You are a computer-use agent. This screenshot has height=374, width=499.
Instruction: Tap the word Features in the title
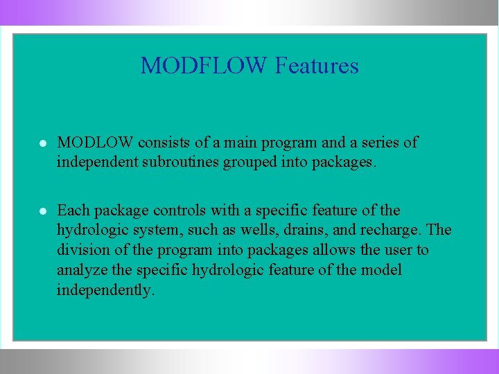[x=317, y=66]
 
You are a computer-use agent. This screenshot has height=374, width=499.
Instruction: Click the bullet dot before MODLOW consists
[x=43, y=143]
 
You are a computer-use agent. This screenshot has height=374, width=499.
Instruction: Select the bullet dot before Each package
[x=43, y=211]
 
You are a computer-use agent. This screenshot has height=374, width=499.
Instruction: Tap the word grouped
[x=247, y=162]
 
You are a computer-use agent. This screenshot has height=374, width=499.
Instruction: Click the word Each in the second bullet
[x=71, y=210]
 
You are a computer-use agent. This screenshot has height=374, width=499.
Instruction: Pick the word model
[x=380, y=269]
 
